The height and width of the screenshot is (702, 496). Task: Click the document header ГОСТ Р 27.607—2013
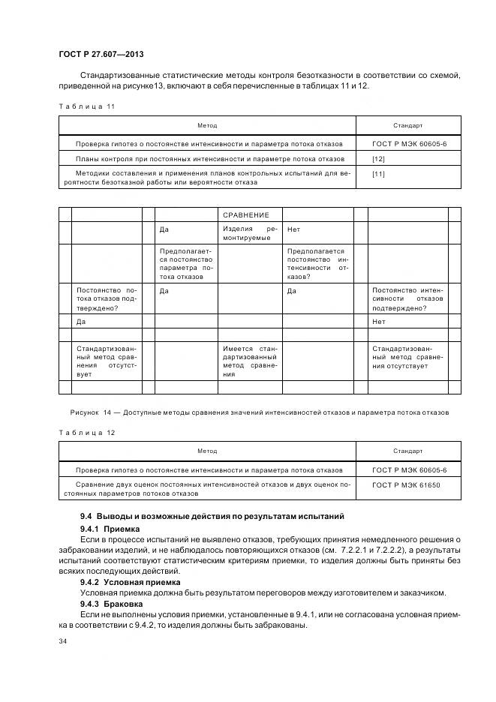click(101, 55)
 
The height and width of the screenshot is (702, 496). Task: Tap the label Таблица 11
click(86, 106)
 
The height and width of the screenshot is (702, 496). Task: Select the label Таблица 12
click(86, 432)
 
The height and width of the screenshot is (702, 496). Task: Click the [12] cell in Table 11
click(379, 159)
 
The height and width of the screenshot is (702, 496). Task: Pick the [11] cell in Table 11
click(379, 174)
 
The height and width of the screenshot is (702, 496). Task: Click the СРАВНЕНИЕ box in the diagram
click(250, 214)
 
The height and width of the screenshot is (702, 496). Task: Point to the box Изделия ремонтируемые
click(250, 232)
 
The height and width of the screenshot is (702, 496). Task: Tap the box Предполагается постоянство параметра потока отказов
click(186, 263)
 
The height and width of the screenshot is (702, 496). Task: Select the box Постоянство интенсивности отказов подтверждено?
click(407, 298)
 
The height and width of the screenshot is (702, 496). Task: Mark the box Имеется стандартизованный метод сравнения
click(250, 361)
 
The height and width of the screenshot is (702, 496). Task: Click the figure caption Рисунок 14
click(259, 412)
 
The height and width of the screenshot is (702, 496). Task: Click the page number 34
click(63, 641)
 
